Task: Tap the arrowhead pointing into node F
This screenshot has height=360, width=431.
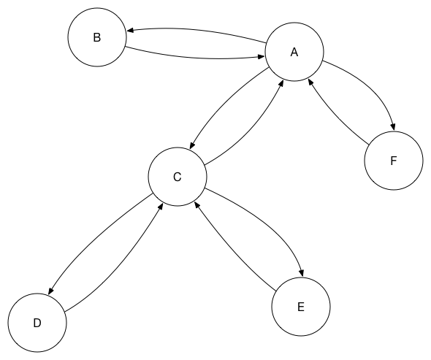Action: click(x=393, y=127)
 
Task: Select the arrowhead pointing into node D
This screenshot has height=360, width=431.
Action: click(x=51, y=291)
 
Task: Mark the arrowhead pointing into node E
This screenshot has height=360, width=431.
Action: click(x=302, y=273)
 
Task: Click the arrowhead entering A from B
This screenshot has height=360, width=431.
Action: click(x=261, y=57)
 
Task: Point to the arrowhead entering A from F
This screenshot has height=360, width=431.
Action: click(x=310, y=82)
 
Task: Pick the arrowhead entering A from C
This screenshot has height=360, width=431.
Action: click(x=281, y=83)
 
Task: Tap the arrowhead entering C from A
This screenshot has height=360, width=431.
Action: click(x=192, y=145)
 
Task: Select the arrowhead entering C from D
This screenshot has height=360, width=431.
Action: click(x=161, y=207)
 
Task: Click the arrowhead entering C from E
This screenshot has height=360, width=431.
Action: click(x=197, y=204)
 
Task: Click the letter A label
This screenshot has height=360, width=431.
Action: click(x=294, y=52)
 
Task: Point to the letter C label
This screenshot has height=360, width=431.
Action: click(x=178, y=177)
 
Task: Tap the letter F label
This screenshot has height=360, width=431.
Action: click(x=394, y=161)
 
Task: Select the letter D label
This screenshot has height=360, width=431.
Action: click(x=37, y=323)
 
